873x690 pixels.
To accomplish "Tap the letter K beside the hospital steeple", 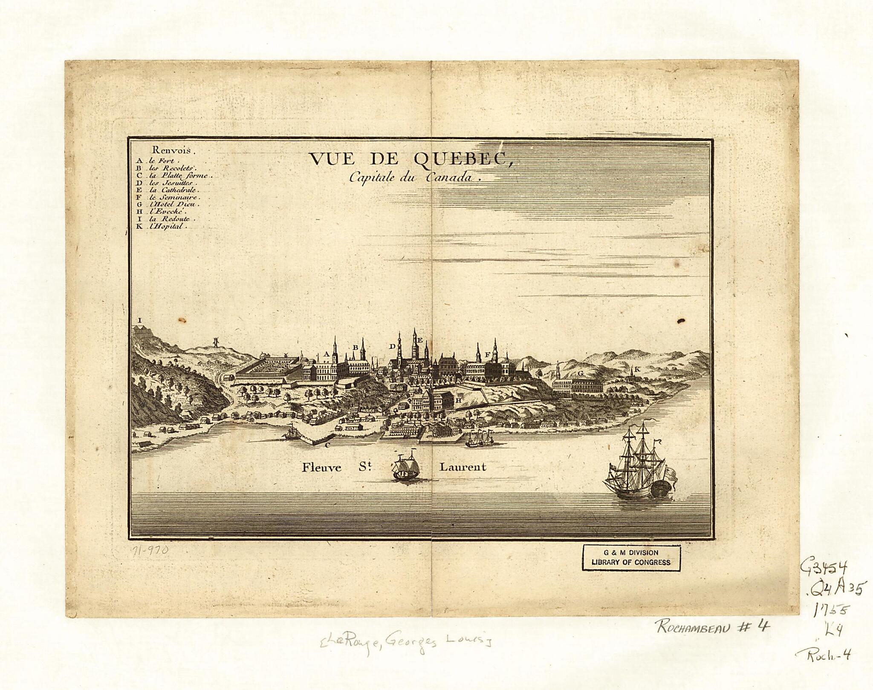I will click(x=638, y=370).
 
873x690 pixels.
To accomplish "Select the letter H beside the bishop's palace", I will click(x=458, y=401).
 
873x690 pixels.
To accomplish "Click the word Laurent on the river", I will click(x=463, y=467).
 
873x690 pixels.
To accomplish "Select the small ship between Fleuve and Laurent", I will click(x=406, y=467).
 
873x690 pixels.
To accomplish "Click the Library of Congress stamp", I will click(x=631, y=558).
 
